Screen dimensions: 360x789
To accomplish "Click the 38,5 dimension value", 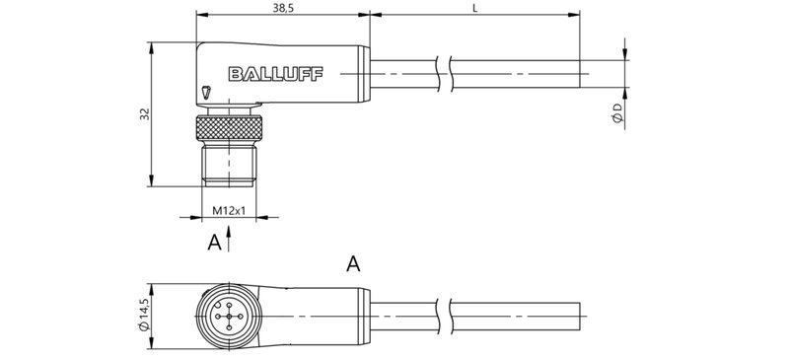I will point(284,8).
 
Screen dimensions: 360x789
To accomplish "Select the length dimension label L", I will point(476,8).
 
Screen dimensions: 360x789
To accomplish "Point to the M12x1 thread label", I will point(228,210).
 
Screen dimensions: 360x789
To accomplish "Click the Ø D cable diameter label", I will point(616,111).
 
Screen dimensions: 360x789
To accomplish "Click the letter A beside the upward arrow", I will point(212,242).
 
